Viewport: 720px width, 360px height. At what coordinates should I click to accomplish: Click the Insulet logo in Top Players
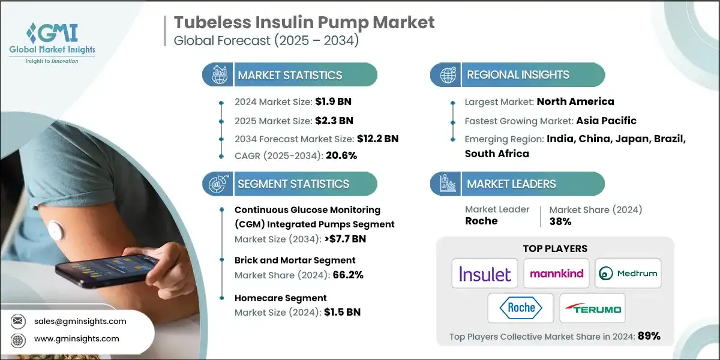coord(485,274)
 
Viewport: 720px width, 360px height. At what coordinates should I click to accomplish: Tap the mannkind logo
coord(556,274)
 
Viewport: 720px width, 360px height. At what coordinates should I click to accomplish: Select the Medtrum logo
coord(628,274)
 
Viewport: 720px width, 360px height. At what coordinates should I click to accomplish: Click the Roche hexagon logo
coord(520,308)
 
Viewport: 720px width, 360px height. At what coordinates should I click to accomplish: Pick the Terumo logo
coord(592,308)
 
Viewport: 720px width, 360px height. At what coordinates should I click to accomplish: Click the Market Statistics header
coord(290,75)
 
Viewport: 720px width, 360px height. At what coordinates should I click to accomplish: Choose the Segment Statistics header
coord(293,184)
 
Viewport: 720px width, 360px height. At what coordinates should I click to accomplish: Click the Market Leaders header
coord(512,184)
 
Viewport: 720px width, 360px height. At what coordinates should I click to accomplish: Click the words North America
coord(575,101)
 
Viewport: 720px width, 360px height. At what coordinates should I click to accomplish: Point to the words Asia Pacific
coord(606,120)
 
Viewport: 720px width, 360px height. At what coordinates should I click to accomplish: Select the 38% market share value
coord(559,221)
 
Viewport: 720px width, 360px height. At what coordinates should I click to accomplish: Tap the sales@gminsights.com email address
coord(80,321)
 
